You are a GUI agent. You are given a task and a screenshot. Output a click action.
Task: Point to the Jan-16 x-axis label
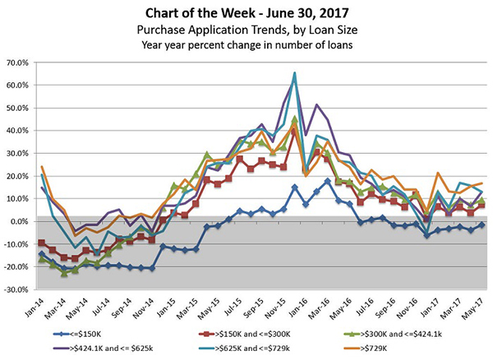302,308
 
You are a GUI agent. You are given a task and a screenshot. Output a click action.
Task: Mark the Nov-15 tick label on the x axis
279,308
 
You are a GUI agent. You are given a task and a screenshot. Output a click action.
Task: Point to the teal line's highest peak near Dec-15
294,73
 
